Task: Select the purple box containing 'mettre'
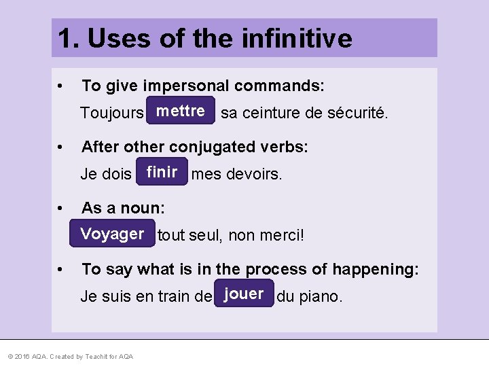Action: [180, 111]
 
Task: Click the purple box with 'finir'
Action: [162, 173]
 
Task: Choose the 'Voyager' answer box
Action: [112, 234]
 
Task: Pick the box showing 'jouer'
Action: [244, 294]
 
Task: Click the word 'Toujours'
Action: [111, 113]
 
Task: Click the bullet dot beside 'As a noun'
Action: [62, 208]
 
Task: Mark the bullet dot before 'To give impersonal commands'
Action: [62, 86]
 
